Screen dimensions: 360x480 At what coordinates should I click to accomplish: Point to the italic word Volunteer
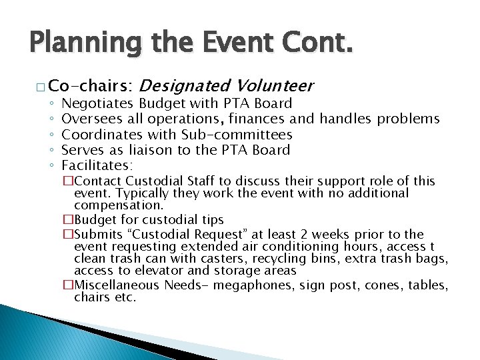tap(273, 86)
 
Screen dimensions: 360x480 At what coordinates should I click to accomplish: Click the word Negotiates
tap(99, 103)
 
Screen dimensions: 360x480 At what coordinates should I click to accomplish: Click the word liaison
tap(173, 149)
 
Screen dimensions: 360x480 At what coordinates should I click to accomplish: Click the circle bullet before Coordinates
tap(51, 135)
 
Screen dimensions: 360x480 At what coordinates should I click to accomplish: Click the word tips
tap(211, 220)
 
